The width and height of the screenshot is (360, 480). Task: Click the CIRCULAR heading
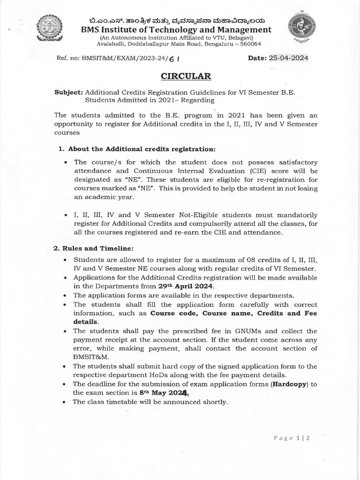[x=180, y=76]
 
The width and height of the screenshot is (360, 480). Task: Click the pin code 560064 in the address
[x=249, y=44]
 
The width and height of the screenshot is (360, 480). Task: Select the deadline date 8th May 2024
[x=165, y=393]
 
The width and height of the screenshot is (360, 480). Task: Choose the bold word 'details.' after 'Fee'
[x=86, y=322]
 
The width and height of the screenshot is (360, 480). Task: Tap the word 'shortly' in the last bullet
[x=214, y=402]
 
